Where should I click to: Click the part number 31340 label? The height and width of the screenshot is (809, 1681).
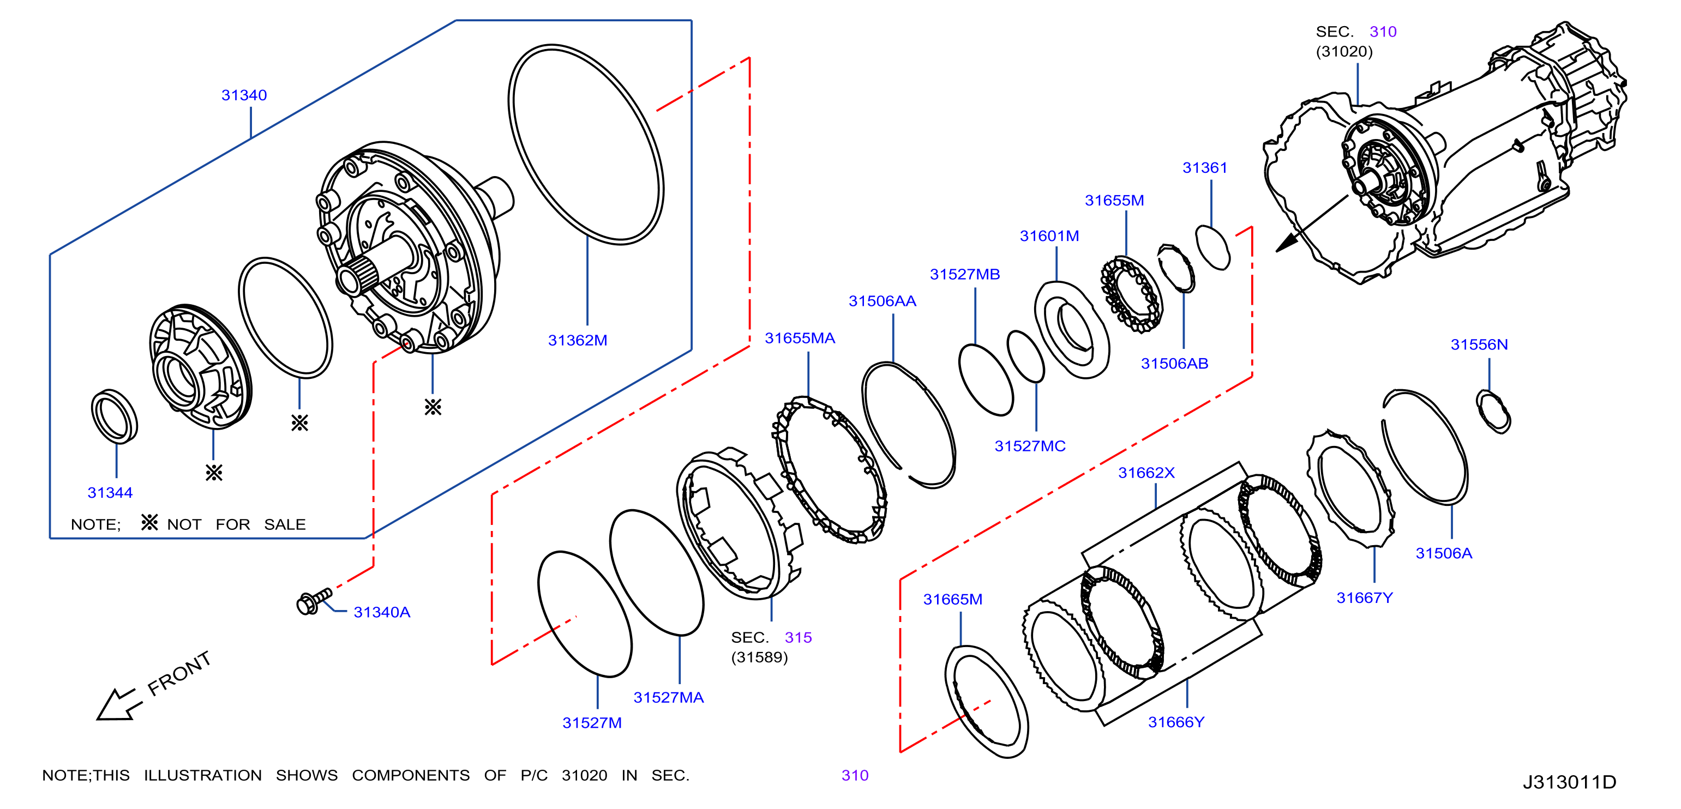244,95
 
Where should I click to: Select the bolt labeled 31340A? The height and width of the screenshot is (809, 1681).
314,601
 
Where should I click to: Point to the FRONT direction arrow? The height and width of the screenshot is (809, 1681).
119,705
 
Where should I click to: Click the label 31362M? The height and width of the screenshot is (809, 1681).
578,341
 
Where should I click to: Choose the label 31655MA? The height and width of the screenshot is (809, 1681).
800,339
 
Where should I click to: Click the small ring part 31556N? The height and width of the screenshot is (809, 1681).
1493,411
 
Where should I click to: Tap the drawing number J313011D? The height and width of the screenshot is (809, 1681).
1569,782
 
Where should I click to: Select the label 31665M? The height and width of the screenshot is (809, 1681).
953,600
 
